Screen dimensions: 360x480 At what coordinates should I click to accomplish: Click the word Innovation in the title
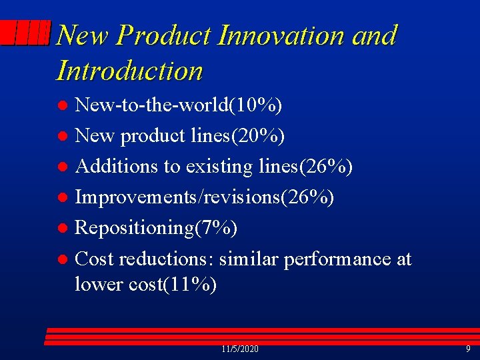[281, 35]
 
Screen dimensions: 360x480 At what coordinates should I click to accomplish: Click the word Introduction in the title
[130, 71]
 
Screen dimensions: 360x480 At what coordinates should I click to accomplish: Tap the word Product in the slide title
[166, 35]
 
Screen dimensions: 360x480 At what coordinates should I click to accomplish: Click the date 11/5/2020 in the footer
[240, 349]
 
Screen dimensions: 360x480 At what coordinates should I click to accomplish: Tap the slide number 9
[467, 349]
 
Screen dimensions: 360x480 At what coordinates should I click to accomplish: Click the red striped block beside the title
[25, 33]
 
